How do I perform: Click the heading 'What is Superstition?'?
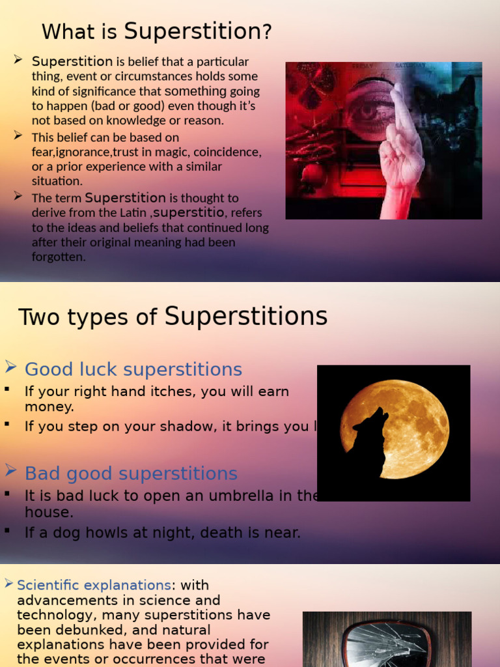(x=156, y=31)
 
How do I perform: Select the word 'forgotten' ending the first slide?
(x=58, y=257)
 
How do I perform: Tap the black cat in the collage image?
(x=453, y=124)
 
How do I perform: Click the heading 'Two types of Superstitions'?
(x=173, y=317)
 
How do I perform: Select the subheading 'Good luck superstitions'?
(x=133, y=369)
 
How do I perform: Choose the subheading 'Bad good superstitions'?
(x=130, y=474)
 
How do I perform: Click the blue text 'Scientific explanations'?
(x=94, y=585)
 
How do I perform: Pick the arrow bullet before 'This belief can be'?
(x=18, y=135)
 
